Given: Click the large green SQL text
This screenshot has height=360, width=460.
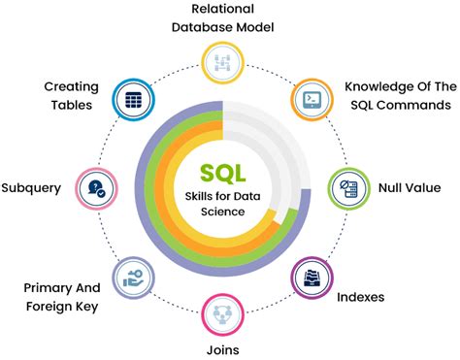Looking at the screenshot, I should (x=223, y=174).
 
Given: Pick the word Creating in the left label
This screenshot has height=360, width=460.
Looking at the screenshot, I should (x=71, y=86).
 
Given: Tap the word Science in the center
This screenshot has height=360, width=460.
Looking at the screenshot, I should (x=224, y=213).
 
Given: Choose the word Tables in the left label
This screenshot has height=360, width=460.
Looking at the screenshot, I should (x=75, y=105).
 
